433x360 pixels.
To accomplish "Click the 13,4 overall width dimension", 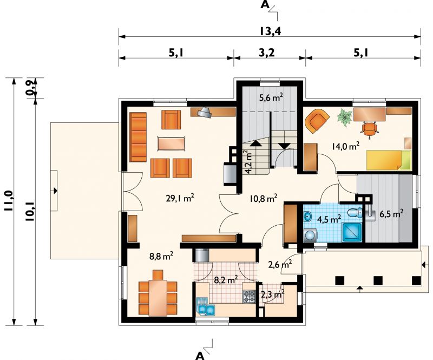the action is pyautogui.click(x=270, y=31).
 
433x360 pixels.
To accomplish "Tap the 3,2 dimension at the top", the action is pyautogui.click(x=267, y=52).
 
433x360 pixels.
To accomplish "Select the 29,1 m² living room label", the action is pyautogui.click(x=180, y=198).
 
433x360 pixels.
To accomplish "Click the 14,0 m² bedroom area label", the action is pyautogui.click(x=345, y=146).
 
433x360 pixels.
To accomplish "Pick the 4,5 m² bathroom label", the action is pyautogui.click(x=329, y=219).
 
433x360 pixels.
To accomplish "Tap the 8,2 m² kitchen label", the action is pyautogui.click(x=226, y=280).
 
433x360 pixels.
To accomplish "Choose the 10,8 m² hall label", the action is pyautogui.click(x=263, y=198).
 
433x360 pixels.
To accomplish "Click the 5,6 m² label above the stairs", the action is pyautogui.click(x=271, y=97).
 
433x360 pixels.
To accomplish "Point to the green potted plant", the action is pyautogui.click(x=345, y=117).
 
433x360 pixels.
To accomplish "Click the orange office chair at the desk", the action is pyautogui.click(x=369, y=129).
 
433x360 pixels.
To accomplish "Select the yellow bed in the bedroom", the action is pyautogui.click(x=388, y=160).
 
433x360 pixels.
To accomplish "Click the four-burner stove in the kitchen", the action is pyautogui.click(x=249, y=297).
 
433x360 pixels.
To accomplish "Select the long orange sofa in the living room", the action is pyautogui.click(x=138, y=137).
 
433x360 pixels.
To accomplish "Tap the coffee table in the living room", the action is pyautogui.click(x=171, y=143).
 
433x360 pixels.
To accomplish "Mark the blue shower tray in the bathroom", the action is pyautogui.click(x=352, y=233).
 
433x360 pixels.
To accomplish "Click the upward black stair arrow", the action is pyautogui.click(x=255, y=143).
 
